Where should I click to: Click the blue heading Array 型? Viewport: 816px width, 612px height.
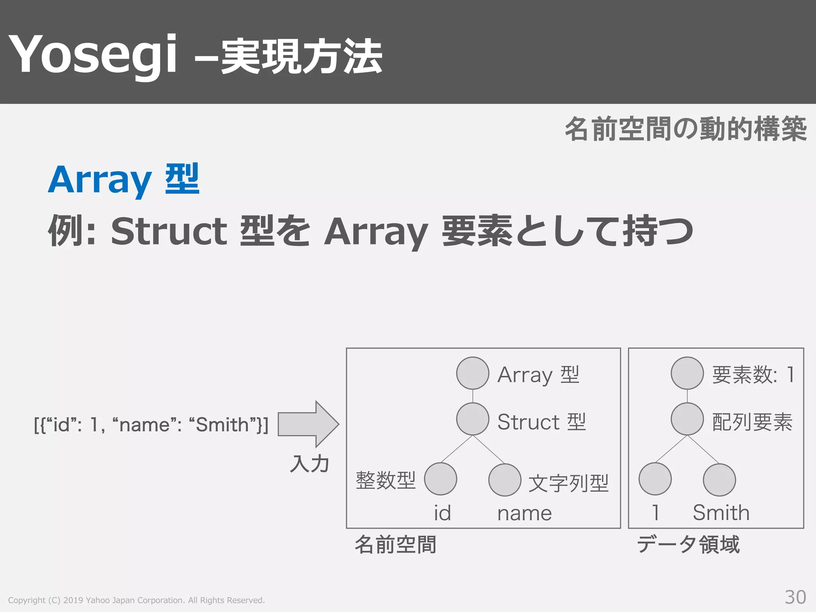click(x=124, y=179)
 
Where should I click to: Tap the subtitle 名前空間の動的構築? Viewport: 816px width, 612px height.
click(x=685, y=129)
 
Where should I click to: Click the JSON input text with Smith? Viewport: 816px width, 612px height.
click(x=151, y=425)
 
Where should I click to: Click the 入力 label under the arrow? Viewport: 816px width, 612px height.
click(x=310, y=464)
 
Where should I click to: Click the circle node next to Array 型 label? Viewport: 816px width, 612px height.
click(x=473, y=373)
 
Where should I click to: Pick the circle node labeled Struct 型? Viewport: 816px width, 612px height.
click(x=473, y=419)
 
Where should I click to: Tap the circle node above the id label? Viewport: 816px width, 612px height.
click(x=440, y=479)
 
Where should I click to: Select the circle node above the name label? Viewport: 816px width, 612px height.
click(x=505, y=480)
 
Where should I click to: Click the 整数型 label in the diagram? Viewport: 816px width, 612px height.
click(x=385, y=480)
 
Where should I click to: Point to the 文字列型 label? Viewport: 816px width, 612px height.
click(x=568, y=483)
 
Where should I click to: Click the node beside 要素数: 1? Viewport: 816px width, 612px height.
click(x=687, y=373)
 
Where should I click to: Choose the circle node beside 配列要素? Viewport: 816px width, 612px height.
click(x=687, y=419)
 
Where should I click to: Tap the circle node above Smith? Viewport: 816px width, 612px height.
click(x=719, y=480)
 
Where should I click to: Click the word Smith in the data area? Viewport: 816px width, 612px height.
click(x=721, y=512)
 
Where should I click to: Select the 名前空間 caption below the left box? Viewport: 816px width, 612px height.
click(x=395, y=545)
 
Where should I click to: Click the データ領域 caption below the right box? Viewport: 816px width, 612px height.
click(x=688, y=544)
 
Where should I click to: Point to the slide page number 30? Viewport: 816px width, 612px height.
click(x=795, y=597)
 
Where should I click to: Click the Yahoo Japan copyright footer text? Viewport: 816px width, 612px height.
click(x=136, y=600)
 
